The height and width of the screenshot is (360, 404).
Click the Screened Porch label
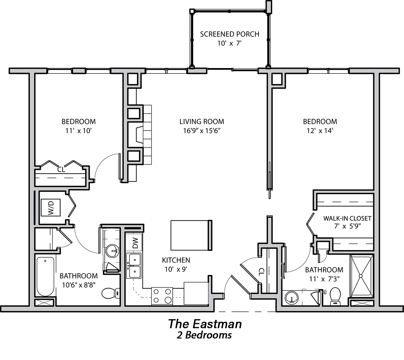tap(229, 34)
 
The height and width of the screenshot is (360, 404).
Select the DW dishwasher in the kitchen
tap(135, 242)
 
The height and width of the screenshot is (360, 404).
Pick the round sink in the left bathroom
tap(112, 252)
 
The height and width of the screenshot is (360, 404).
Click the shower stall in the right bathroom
tap(361, 276)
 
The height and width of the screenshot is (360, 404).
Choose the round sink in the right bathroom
tap(292, 297)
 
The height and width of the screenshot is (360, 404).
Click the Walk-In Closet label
tap(347, 218)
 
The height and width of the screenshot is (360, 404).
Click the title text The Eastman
tap(205, 324)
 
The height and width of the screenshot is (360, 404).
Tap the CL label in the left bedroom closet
tap(61, 170)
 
